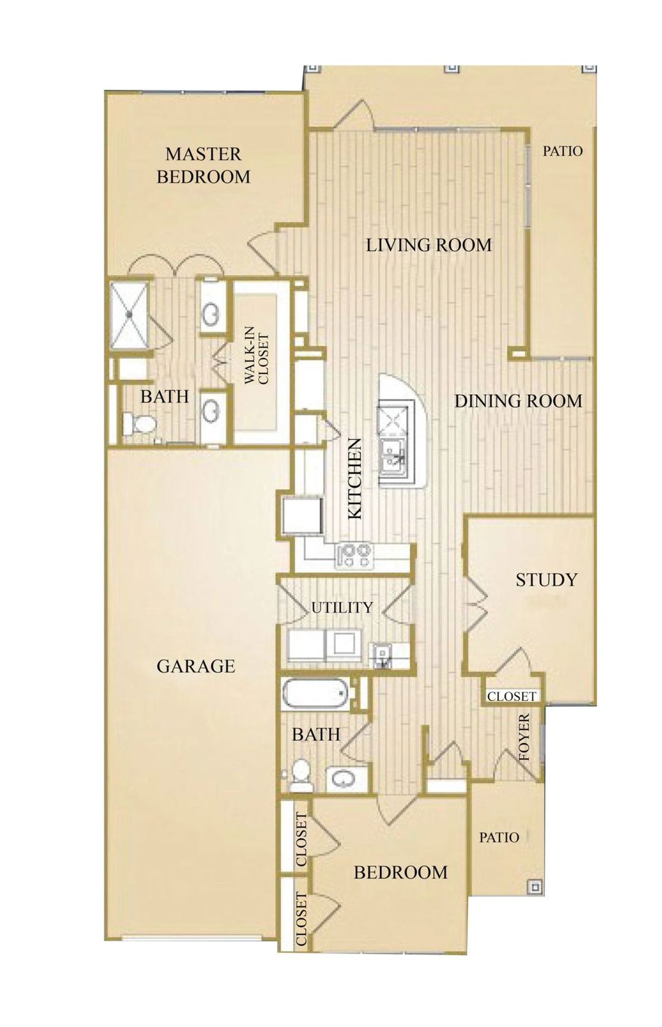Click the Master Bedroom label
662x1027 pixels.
204,165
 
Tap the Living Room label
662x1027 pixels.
428,245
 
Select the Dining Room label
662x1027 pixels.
518,401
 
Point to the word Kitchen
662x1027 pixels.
356,479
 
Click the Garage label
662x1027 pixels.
196,666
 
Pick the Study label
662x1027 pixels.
546,579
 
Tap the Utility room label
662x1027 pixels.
341,608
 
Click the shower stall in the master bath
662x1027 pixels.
129,315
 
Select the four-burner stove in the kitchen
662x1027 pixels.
354,555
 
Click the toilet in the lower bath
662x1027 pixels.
300,774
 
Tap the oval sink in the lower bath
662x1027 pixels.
341,779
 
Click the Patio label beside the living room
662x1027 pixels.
562,150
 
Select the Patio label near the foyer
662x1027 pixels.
499,837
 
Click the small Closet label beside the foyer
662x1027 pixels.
512,696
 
